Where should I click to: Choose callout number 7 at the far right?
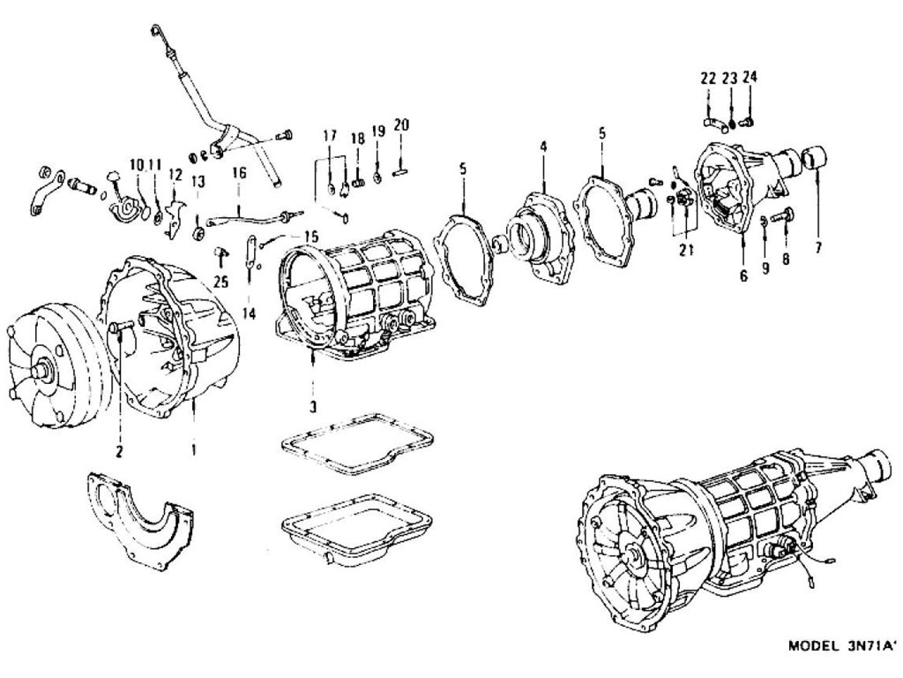click(817, 248)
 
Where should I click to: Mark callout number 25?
click(220, 282)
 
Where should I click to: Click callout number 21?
click(686, 250)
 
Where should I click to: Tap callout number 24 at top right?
click(750, 79)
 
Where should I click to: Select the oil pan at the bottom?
click(355, 531)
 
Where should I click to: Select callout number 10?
click(137, 164)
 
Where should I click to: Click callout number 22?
click(707, 79)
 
